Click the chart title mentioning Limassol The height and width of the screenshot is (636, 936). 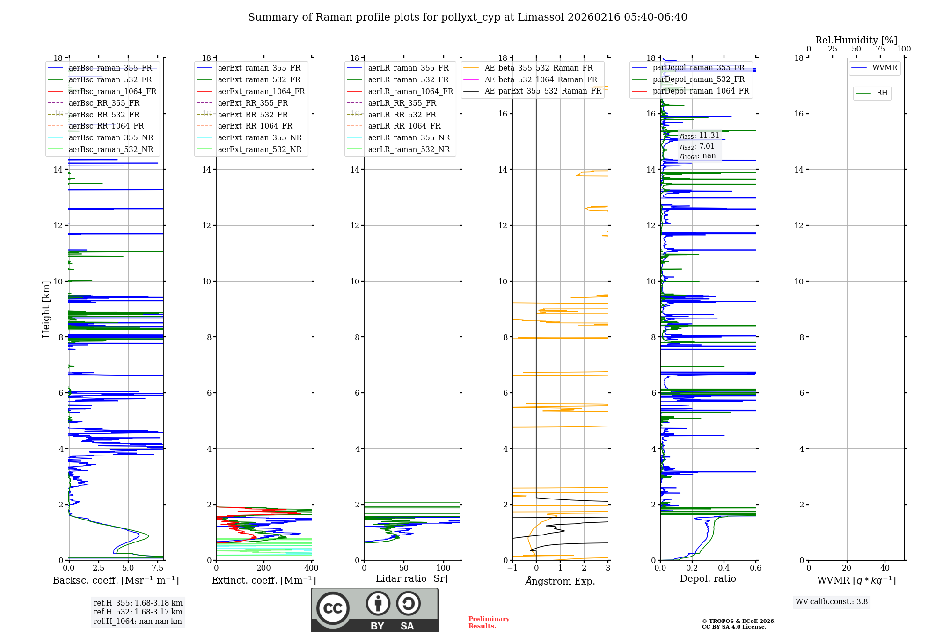pyautogui.click(x=468, y=17)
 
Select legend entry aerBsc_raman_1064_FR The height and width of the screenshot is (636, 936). pyautogui.click(x=112, y=91)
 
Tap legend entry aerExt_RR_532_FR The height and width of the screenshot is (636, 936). pyautogui.click(x=253, y=115)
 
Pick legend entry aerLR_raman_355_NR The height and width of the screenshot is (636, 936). pyautogui.click(x=409, y=137)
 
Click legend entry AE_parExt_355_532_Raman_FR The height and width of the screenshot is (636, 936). pyautogui.click(x=542, y=91)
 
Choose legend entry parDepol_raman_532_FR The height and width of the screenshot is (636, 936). pyautogui.click(x=698, y=79)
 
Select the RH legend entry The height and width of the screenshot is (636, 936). pyautogui.click(x=882, y=93)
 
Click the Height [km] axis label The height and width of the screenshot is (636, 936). pyautogui.click(x=46, y=309)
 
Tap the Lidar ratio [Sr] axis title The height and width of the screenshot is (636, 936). pyautogui.click(x=412, y=578)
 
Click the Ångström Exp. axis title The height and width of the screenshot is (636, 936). pyautogui.click(x=560, y=581)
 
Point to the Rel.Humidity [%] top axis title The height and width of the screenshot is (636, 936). pyautogui.click(x=856, y=40)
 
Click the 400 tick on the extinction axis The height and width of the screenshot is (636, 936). pyautogui.click(x=312, y=568)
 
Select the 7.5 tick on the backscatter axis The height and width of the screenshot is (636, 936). pyautogui.click(x=158, y=568)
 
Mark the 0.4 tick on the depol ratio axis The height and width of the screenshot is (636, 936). pyautogui.click(x=724, y=568)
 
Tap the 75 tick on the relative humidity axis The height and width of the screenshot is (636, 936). pyautogui.click(x=880, y=49)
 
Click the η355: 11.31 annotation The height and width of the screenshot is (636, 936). pyautogui.click(x=699, y=136)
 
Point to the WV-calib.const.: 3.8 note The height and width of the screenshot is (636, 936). pyautogui.click(x=832, y=602)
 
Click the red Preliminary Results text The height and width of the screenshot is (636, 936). pyautogui.click(x=489, y=622)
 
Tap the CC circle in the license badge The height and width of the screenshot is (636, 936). pyautogui.click(x=333, y=608)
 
